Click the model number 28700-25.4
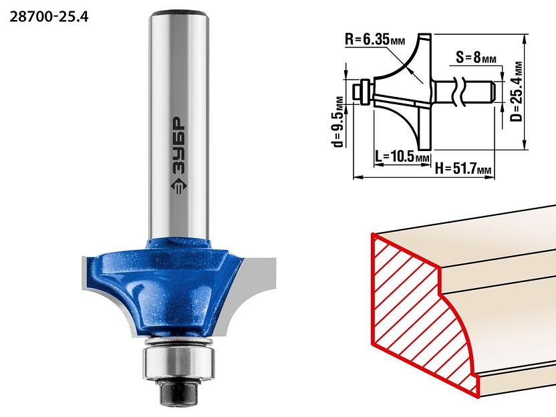pyautogui.click(x=49, y=17)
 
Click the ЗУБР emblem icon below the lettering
pyautogui.click(x=178, y=184)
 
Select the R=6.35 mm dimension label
pyautogui.click(x=375, y=39)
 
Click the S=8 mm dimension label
pyautogui.click(x=476, y=57)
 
